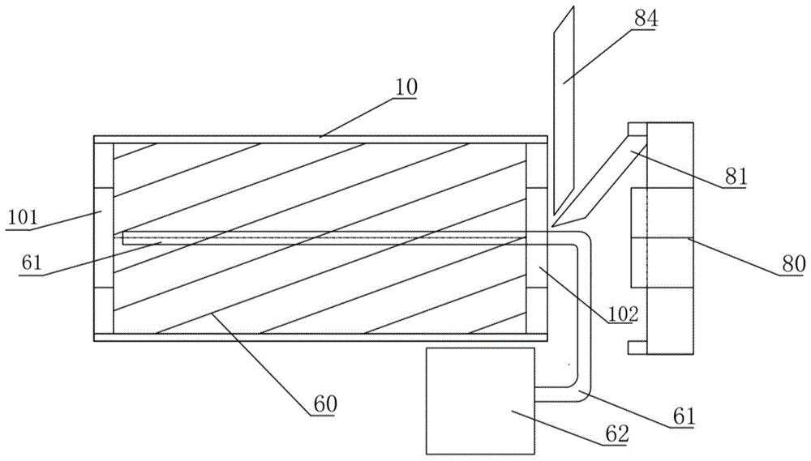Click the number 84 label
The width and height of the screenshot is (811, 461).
click(x=645, y=20)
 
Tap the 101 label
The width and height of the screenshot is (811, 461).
click(x=23, y=217)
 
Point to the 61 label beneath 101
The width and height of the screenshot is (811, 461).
click(x=31, y=263)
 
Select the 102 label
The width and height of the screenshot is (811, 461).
click(x=623, y=314)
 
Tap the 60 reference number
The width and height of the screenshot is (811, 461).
click(x=324, y=403)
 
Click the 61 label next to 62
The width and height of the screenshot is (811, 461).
click(x=684, y=416)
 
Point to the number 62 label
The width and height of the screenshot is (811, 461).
click(x=617, y=434)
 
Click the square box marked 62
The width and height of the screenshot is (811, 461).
click(x=480, y=401)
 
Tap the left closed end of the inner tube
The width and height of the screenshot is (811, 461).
click(x=123, y=237)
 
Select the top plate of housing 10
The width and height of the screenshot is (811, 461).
click(x=320, y=139)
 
